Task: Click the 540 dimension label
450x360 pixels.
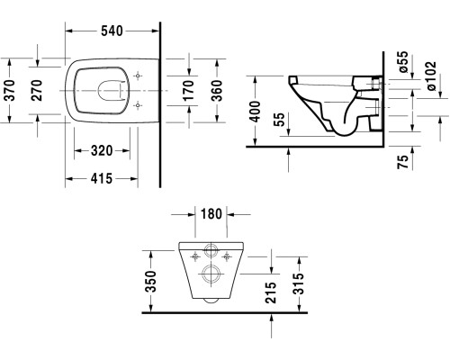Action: tap(112, 31)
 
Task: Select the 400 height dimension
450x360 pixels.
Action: tap(257, 111)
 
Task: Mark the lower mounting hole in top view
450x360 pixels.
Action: tap(137, 105)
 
